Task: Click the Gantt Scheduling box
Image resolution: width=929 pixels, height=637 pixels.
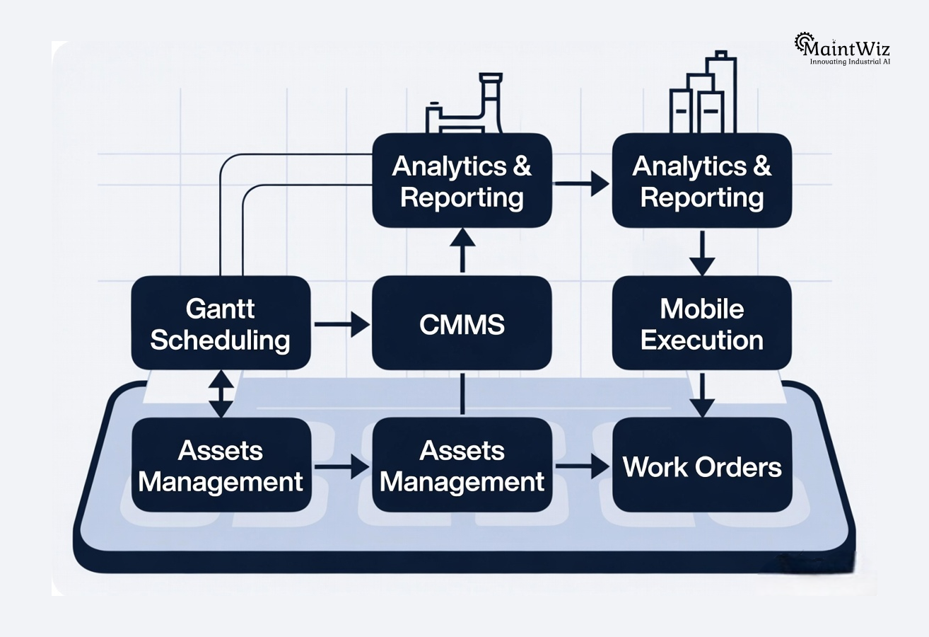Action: point(221,323)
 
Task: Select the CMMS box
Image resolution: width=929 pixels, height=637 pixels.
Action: point(462,323)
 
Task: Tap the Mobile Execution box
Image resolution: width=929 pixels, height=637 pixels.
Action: point(701,323)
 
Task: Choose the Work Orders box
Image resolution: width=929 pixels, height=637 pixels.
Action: point(701,466)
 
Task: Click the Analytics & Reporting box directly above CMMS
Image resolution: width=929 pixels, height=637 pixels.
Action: point(462,181)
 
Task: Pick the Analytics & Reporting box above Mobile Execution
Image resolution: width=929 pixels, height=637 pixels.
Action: point(701,181)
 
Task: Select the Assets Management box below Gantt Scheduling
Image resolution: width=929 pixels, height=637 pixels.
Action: point(221,466)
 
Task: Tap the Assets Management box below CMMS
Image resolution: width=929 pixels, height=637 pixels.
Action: point(462,466)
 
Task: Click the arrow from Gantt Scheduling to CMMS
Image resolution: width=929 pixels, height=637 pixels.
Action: point(341,325)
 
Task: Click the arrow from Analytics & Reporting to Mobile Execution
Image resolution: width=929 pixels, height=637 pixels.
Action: point(702,253)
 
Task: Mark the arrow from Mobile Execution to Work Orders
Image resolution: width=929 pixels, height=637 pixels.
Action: point(702,394)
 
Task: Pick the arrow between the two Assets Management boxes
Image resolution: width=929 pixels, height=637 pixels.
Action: point(341,466)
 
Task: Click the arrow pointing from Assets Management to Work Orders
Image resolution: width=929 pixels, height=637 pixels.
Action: point(582,466)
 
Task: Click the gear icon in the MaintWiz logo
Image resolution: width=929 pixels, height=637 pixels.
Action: point(804,44)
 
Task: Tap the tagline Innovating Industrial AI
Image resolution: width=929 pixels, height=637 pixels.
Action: point(850,62)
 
